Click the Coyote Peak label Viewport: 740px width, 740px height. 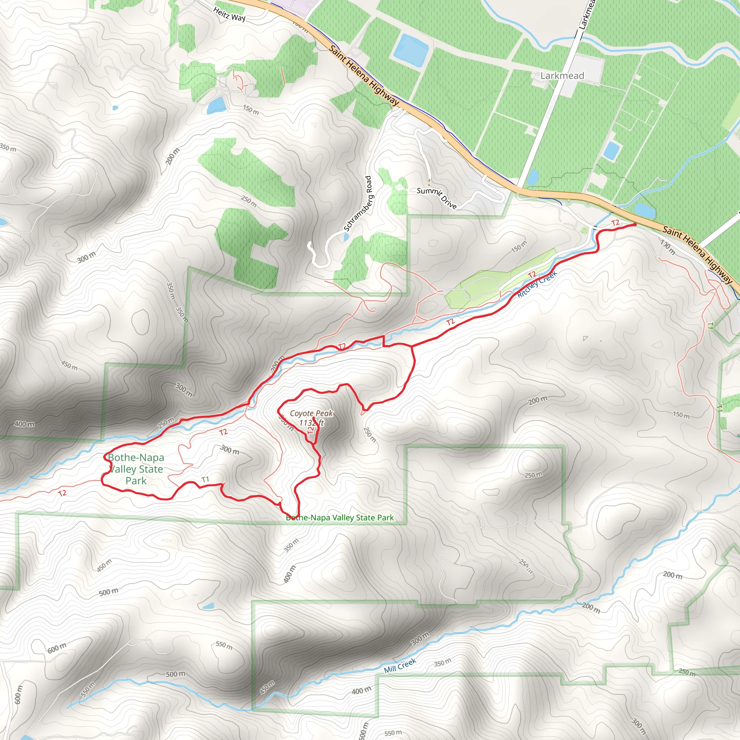point(311,413)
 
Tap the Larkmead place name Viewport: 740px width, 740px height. point(562,76)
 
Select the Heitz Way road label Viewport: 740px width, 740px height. point(229,14)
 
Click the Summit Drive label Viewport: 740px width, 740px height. point(436,198)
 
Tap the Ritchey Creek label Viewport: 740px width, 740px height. point(537,284)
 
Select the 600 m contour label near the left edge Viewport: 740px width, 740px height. point(18,694)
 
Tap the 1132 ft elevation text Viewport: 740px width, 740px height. point(311,423)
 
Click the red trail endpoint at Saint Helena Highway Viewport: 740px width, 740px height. point(634,225)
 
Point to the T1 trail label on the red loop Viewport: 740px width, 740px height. point(205,479)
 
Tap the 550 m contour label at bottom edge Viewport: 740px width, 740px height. point(393,733)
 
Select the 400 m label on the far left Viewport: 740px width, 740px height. point(24,424)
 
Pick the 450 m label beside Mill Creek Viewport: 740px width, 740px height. point(267,688)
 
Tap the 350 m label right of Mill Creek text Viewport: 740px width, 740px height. point(442,662)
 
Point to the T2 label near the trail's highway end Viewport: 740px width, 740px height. point(615,223)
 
